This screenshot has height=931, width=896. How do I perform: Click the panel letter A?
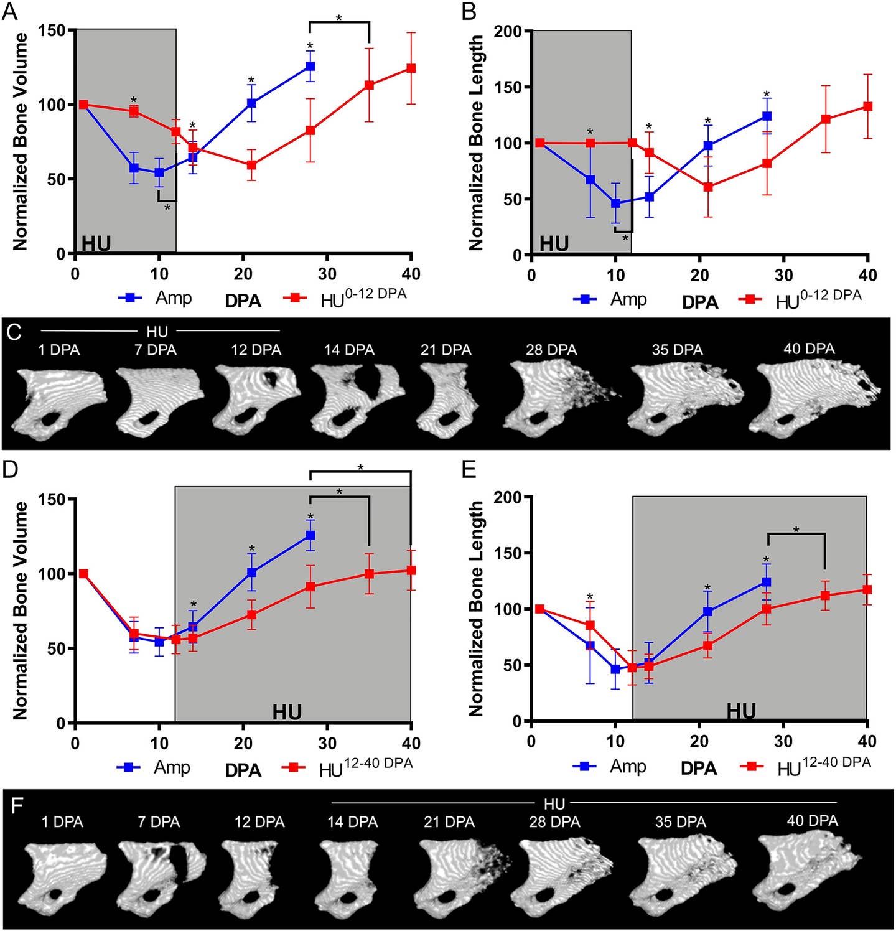[11, 11]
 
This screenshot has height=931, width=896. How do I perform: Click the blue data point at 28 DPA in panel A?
[310, 66]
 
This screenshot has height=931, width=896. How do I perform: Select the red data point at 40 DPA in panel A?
[411, 68]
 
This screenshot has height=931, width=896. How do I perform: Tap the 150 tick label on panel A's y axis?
[54, 30]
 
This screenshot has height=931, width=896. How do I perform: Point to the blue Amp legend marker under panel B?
[585, 299]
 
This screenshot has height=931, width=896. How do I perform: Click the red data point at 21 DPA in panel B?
[707, 187]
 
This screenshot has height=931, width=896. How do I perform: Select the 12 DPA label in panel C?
[256, 350]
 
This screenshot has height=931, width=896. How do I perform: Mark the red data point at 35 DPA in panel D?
[369, 574]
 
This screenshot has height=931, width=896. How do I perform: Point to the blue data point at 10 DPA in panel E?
[615, 669]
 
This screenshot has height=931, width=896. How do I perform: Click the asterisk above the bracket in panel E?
[796, 530]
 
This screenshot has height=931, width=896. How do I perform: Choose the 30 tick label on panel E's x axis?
[783, 741]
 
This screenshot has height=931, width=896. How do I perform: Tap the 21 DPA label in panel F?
[449, 822]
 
